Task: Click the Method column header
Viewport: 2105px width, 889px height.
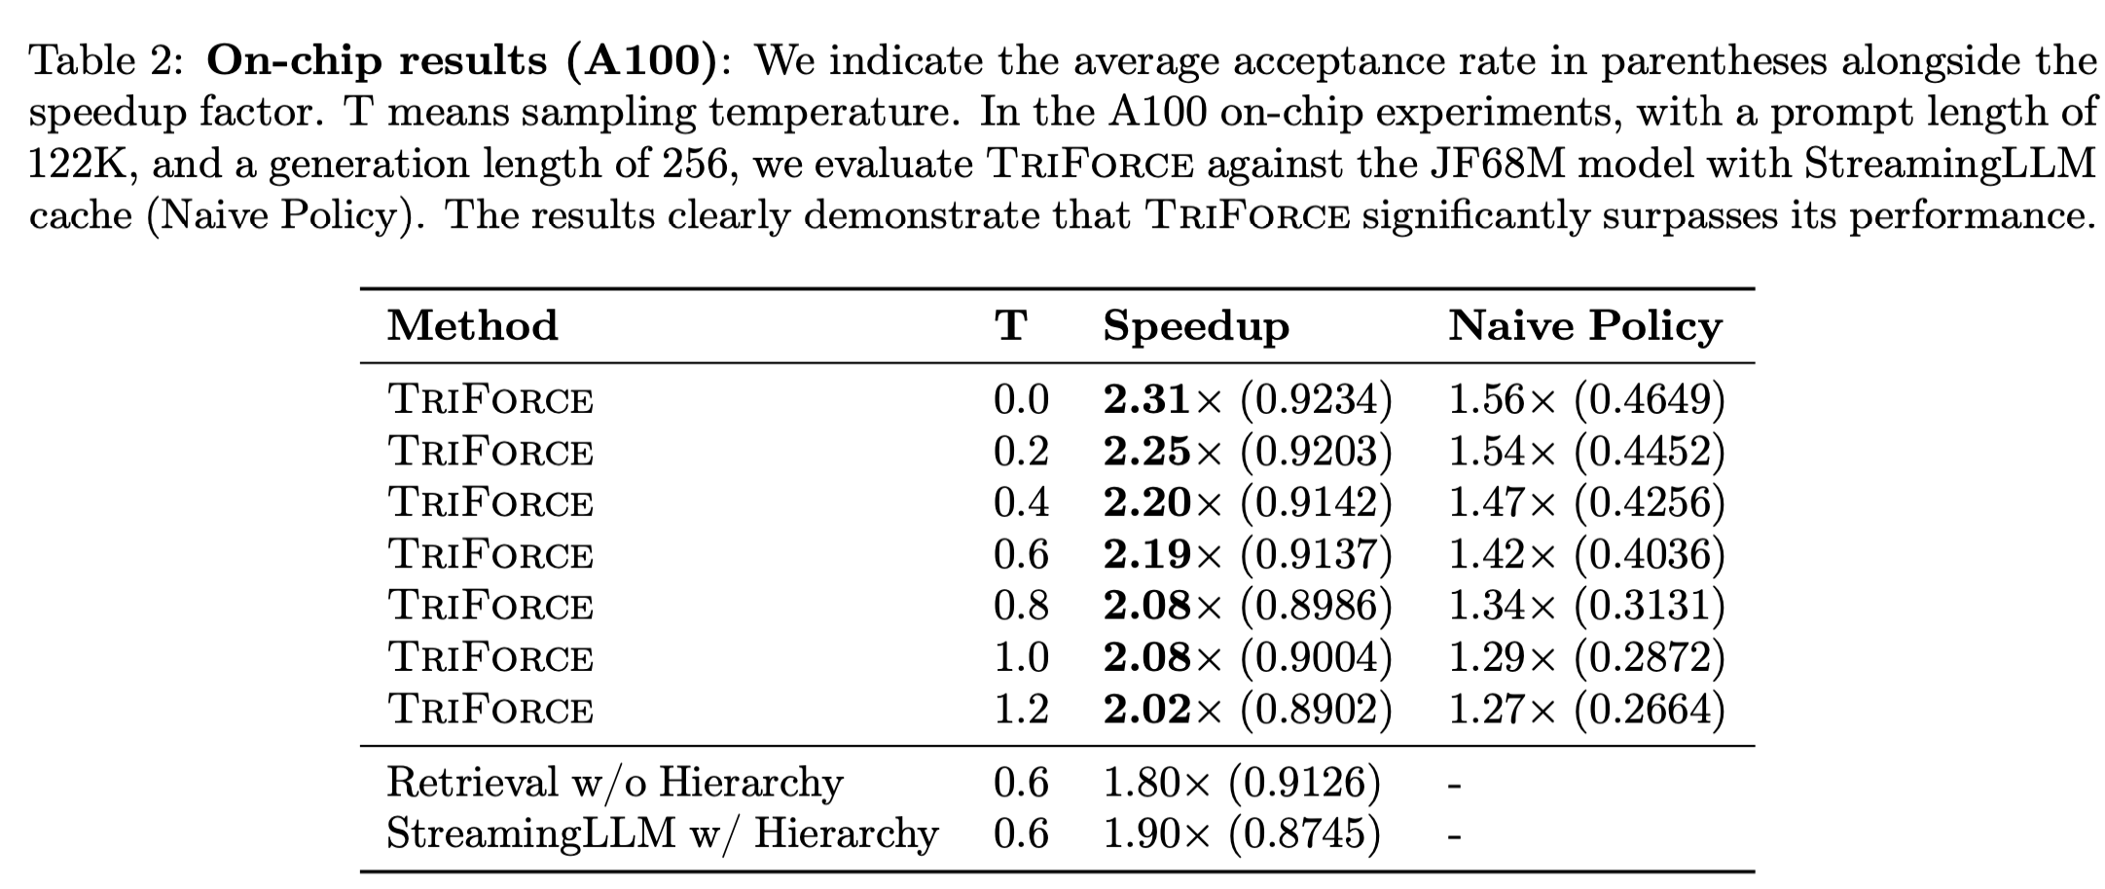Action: coord(473,326)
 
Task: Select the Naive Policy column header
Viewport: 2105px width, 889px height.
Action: coord(1585,326)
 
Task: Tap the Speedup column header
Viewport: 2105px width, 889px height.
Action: coord(1196,326)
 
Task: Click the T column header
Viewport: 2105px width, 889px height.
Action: coord(1011,326)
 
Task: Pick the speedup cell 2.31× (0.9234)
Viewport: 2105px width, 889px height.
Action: coord(1248,400)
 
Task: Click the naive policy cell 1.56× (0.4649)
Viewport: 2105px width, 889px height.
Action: coord(1586,400)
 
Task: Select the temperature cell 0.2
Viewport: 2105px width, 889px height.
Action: coord(1021,452)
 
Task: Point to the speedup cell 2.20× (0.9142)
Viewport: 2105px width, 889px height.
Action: coord(1248,502)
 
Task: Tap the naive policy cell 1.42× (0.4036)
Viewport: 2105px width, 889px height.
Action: coord(1586,554)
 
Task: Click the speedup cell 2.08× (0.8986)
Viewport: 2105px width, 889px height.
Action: coord(1248,606)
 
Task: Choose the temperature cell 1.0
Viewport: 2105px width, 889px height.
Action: coord(1021,657)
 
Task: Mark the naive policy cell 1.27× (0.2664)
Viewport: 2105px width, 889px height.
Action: coord(1586,709)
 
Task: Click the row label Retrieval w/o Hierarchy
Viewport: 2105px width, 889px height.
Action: coord(614,783)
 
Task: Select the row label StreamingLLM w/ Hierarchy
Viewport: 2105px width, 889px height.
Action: coord(662,833)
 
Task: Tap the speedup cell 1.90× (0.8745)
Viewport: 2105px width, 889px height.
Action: coord(1242,833)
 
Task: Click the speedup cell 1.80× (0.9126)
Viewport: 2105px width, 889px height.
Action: coord(1242,783)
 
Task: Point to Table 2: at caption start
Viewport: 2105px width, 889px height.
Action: coord(105,61)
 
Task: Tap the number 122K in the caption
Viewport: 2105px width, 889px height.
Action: coord(83,164)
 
